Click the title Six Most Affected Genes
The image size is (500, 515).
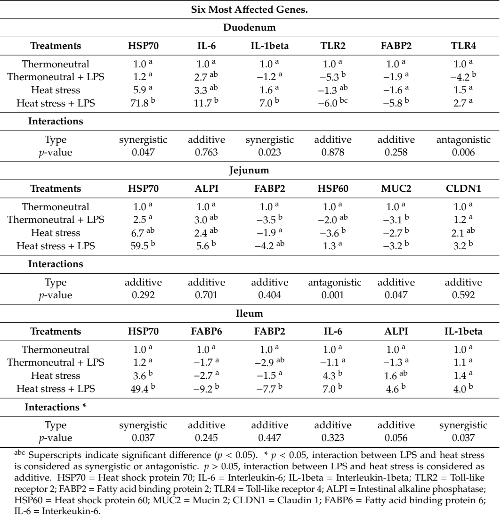point(250,9)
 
